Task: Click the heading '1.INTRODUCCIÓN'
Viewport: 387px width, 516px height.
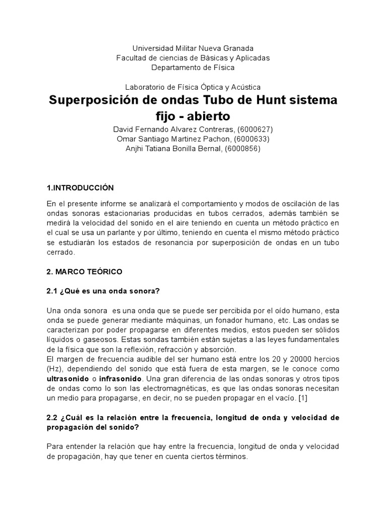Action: click(80, 188)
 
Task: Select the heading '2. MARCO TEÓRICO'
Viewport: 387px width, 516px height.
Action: click(84, 272)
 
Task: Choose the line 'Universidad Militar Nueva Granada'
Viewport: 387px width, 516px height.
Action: click(193, 48)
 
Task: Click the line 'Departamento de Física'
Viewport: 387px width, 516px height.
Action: click(193, 67)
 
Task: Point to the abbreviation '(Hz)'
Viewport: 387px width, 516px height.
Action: click(53, 368)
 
